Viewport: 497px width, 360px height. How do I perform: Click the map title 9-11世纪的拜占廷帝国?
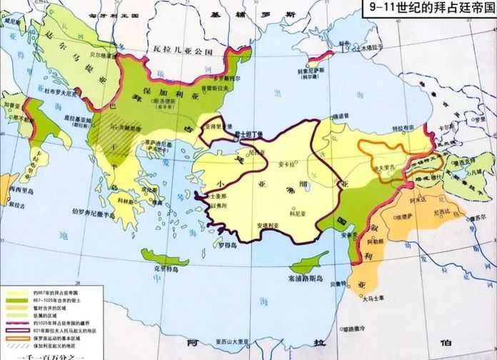[429, 9]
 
